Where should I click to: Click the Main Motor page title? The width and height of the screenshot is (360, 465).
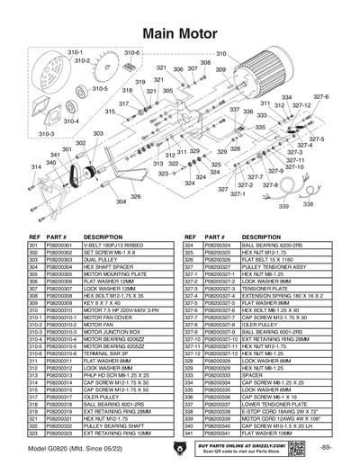(x=179, y=32)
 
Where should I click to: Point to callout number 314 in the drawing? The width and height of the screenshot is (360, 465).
(x=37, y=166)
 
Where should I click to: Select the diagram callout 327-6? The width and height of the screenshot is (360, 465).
(x=320, y=96)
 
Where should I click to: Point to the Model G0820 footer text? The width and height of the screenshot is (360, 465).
(x=71, y=447)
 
